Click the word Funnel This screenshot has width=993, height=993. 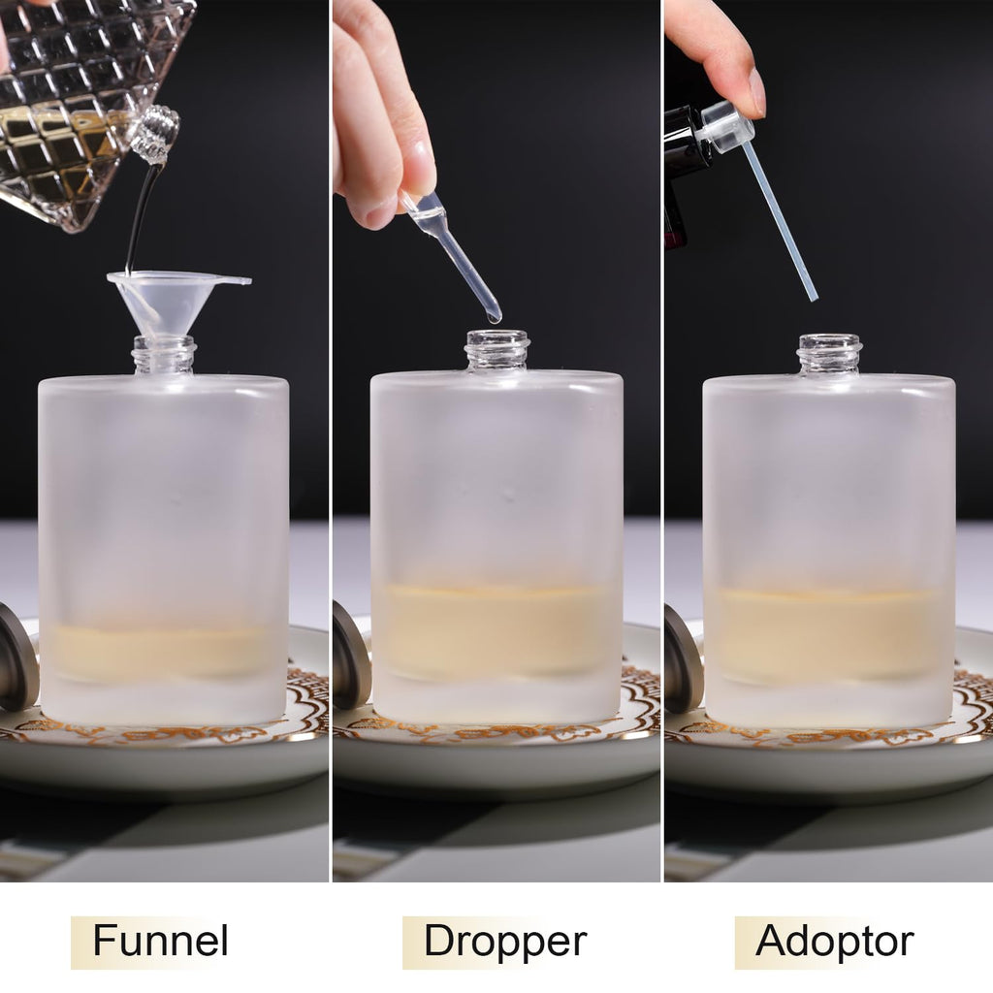tap(160, 941)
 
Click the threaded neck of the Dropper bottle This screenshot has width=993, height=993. tap(497, 351)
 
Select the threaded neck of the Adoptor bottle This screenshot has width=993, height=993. tap(830, 355)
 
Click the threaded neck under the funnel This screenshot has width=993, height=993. tap(164, 356)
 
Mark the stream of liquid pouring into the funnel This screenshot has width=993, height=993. tap(140, 218)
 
